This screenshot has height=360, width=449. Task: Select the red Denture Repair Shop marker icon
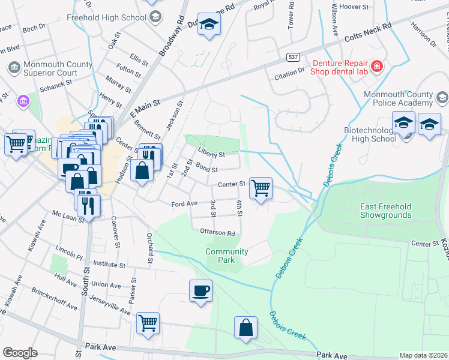[376, 66]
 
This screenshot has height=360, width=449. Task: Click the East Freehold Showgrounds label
[385, 211]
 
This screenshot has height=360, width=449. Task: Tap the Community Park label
[226, 256]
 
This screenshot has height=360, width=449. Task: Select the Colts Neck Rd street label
[368, 33]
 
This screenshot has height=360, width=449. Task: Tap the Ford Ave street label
[184, 204]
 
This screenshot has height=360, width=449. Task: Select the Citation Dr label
[289, 72]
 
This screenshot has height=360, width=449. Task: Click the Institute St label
[109, 264]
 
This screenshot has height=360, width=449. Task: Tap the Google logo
[20, 353]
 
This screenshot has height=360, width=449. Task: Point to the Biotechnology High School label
[370, 134]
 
